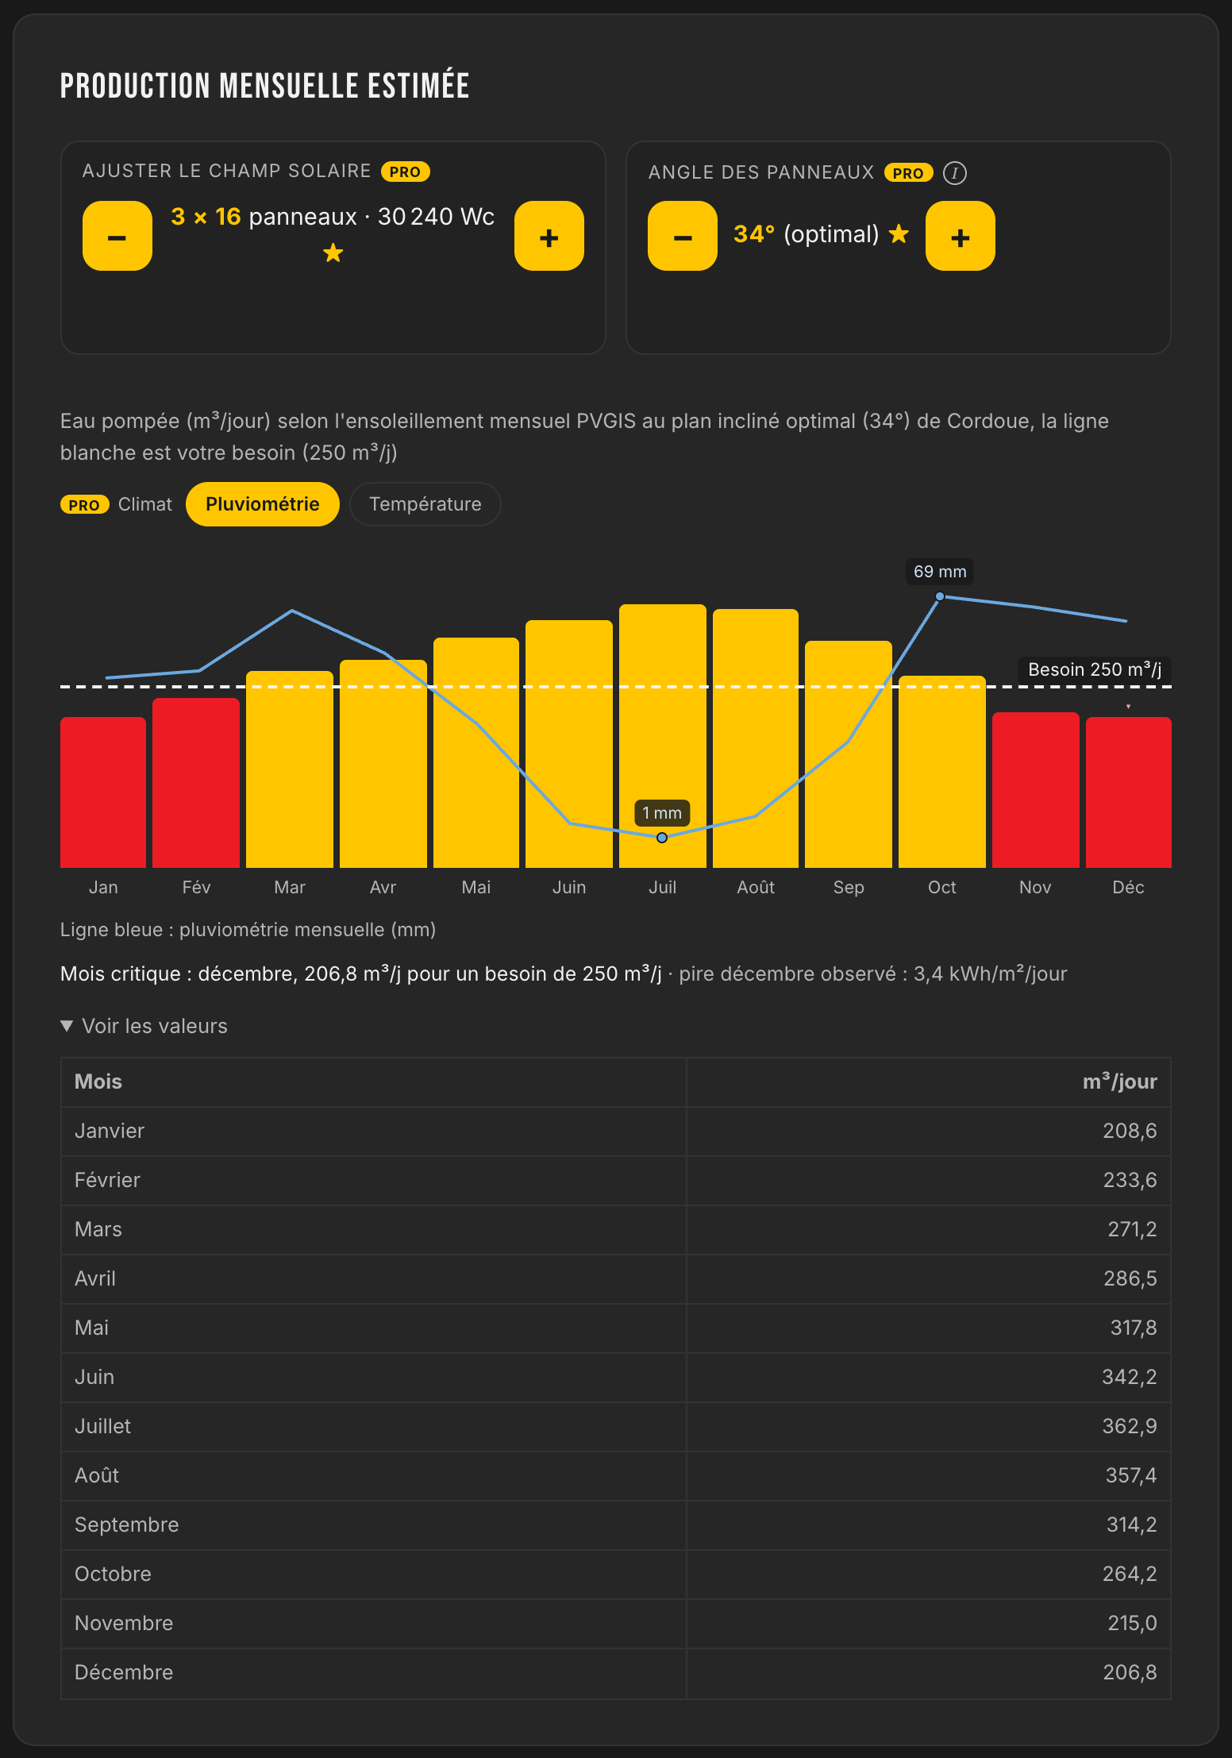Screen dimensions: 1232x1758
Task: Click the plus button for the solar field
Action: (x=549, y=236)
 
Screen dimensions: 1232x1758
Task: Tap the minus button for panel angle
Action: (x=683, y=236)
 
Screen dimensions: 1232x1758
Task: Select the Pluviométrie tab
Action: (x=263, y=504)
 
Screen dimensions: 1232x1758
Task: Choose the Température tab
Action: (x=425, y=504)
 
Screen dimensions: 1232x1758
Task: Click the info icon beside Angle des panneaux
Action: (x=955, y=173)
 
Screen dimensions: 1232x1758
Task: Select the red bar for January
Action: (x=103, y=792)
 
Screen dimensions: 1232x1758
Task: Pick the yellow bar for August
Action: (x=756, y=738)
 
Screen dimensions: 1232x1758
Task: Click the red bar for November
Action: (x=1036, y=790)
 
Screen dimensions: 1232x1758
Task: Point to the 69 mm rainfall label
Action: (x=940, y=572)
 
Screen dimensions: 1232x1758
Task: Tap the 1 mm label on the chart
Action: (x=662, y=813)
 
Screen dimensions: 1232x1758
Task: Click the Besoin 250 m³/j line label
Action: (x=1095, y=669)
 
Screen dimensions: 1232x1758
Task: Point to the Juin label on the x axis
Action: (x=569, y=887)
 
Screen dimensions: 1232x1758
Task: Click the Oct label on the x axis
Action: (x=942, y=887)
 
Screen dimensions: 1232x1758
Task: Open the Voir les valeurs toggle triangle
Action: (x=67, y=1026)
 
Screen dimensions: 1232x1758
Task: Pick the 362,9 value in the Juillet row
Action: (x=1130, y=1426)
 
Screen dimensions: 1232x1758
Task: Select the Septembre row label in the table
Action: (x=127, y=1525)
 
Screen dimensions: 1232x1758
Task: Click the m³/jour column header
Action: (x=1120, y=1081)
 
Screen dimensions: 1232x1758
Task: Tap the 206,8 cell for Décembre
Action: (x=1130, y=1672)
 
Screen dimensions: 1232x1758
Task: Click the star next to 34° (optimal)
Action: (x=899, y=233)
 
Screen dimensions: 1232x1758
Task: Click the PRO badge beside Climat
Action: (x=84, y=505)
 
